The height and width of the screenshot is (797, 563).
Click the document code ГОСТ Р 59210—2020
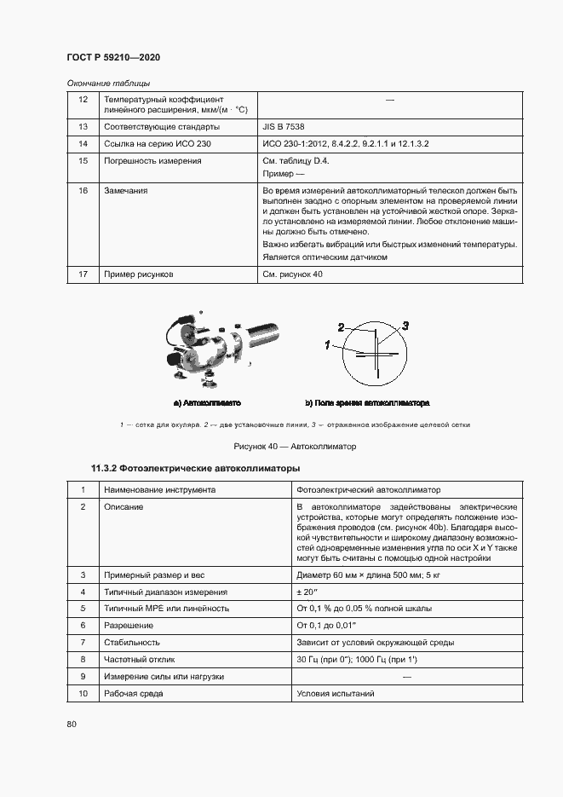(x=113, y=57)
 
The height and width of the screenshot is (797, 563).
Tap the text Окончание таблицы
(x=108, y=83)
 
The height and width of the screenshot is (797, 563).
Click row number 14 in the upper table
(x=83, y=143)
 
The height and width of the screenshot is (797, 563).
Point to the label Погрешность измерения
(x=152, y=160)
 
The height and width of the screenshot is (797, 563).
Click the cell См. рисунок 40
(x=293, y=274)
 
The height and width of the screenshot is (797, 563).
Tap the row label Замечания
(x=125, y=191)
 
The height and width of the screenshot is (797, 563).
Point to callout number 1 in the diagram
(x=327, y=344)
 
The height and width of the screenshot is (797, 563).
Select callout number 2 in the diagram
(x=341, y=327)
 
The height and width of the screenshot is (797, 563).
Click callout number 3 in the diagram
(x=405, y=326)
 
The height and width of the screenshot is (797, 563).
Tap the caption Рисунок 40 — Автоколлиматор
(x=295, y=447)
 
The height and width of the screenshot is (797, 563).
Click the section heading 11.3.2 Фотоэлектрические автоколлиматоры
(x=195, y=469)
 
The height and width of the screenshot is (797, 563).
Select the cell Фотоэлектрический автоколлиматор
(x=368, y=490)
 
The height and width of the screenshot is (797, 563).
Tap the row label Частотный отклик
(x=140, y=659)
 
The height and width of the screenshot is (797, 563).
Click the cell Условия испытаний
(x=335, y=693)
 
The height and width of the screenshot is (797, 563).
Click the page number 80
(x=72, y=725)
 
